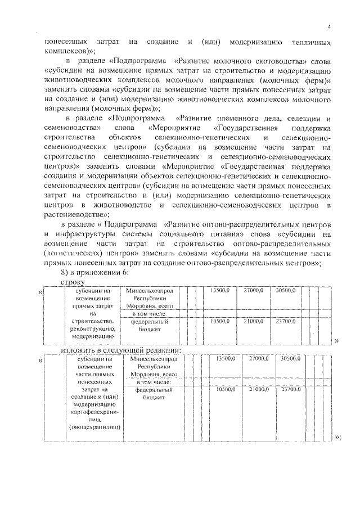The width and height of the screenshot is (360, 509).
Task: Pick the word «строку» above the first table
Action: click(73, 281)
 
